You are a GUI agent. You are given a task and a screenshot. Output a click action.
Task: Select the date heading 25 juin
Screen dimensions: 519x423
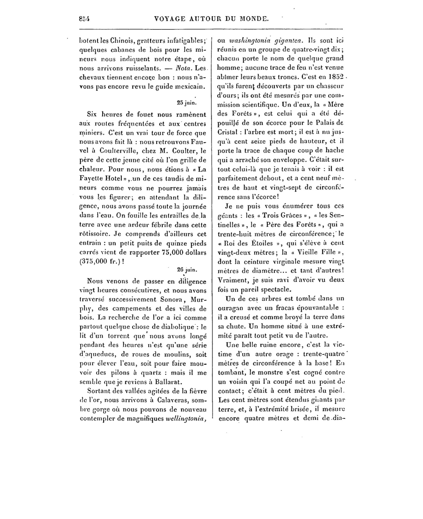click(x=187, y=103)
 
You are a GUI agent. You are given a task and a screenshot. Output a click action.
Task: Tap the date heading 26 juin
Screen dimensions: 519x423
click(x=187, y=270)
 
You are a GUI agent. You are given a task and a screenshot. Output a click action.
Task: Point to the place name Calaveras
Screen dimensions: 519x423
click(x=171, y=400)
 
